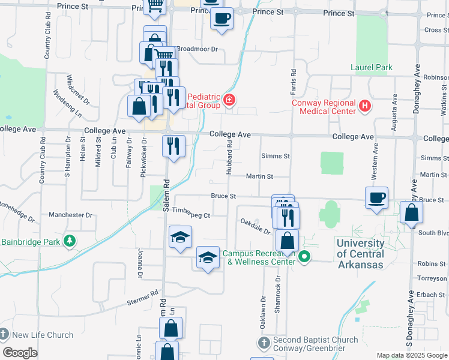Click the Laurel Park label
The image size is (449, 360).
click(372, 67)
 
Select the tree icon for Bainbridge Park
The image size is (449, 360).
click(70, 241)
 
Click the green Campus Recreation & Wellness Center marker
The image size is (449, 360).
click(304, 257)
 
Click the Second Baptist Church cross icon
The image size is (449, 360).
click(264, 344)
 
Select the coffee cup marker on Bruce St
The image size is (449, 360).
click(376, 198)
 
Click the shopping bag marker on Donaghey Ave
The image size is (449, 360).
click(411, 213)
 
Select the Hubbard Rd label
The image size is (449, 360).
click(229, 157)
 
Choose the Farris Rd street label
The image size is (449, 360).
click(294, 80)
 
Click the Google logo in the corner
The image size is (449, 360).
click(20, 353)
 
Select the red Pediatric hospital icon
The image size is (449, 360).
click(229, 100)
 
